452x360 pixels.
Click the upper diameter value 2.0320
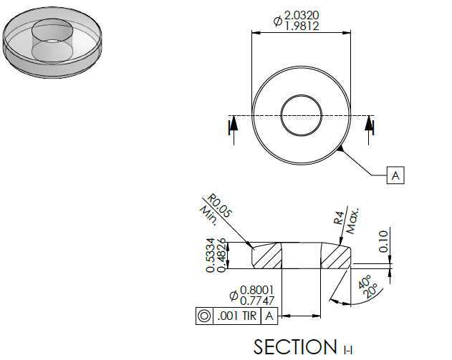(x=302, y=15)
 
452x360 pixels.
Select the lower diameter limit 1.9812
(x=302, y=26)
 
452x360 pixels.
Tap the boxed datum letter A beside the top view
(x=395, y=175)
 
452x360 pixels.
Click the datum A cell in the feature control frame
(x=269, y=316)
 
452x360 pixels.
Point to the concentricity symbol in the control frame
(x=204, y=316)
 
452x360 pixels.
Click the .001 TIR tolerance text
(x=237, y=316)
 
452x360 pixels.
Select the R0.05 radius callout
(x=220, y=205)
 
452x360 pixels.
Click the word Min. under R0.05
(x=208, y=215)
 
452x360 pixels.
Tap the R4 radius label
(x=340, y=218)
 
